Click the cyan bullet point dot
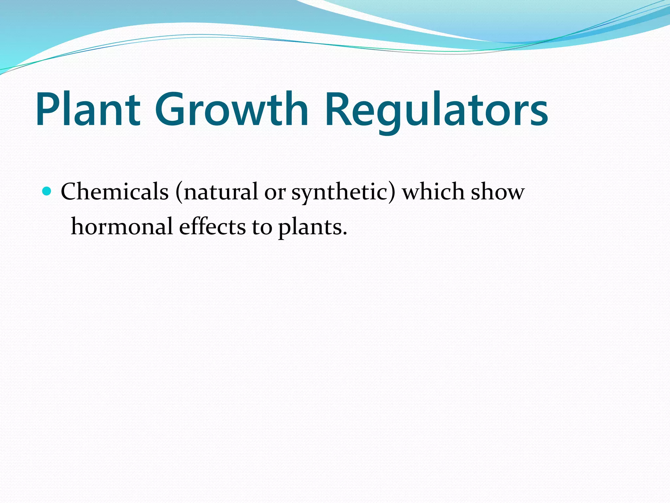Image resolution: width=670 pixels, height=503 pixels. pos(47,191)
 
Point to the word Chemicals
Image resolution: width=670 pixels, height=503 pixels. pos(115,192)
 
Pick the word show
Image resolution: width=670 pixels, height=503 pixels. pos(498,192)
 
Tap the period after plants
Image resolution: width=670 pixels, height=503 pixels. pos(344,233)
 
